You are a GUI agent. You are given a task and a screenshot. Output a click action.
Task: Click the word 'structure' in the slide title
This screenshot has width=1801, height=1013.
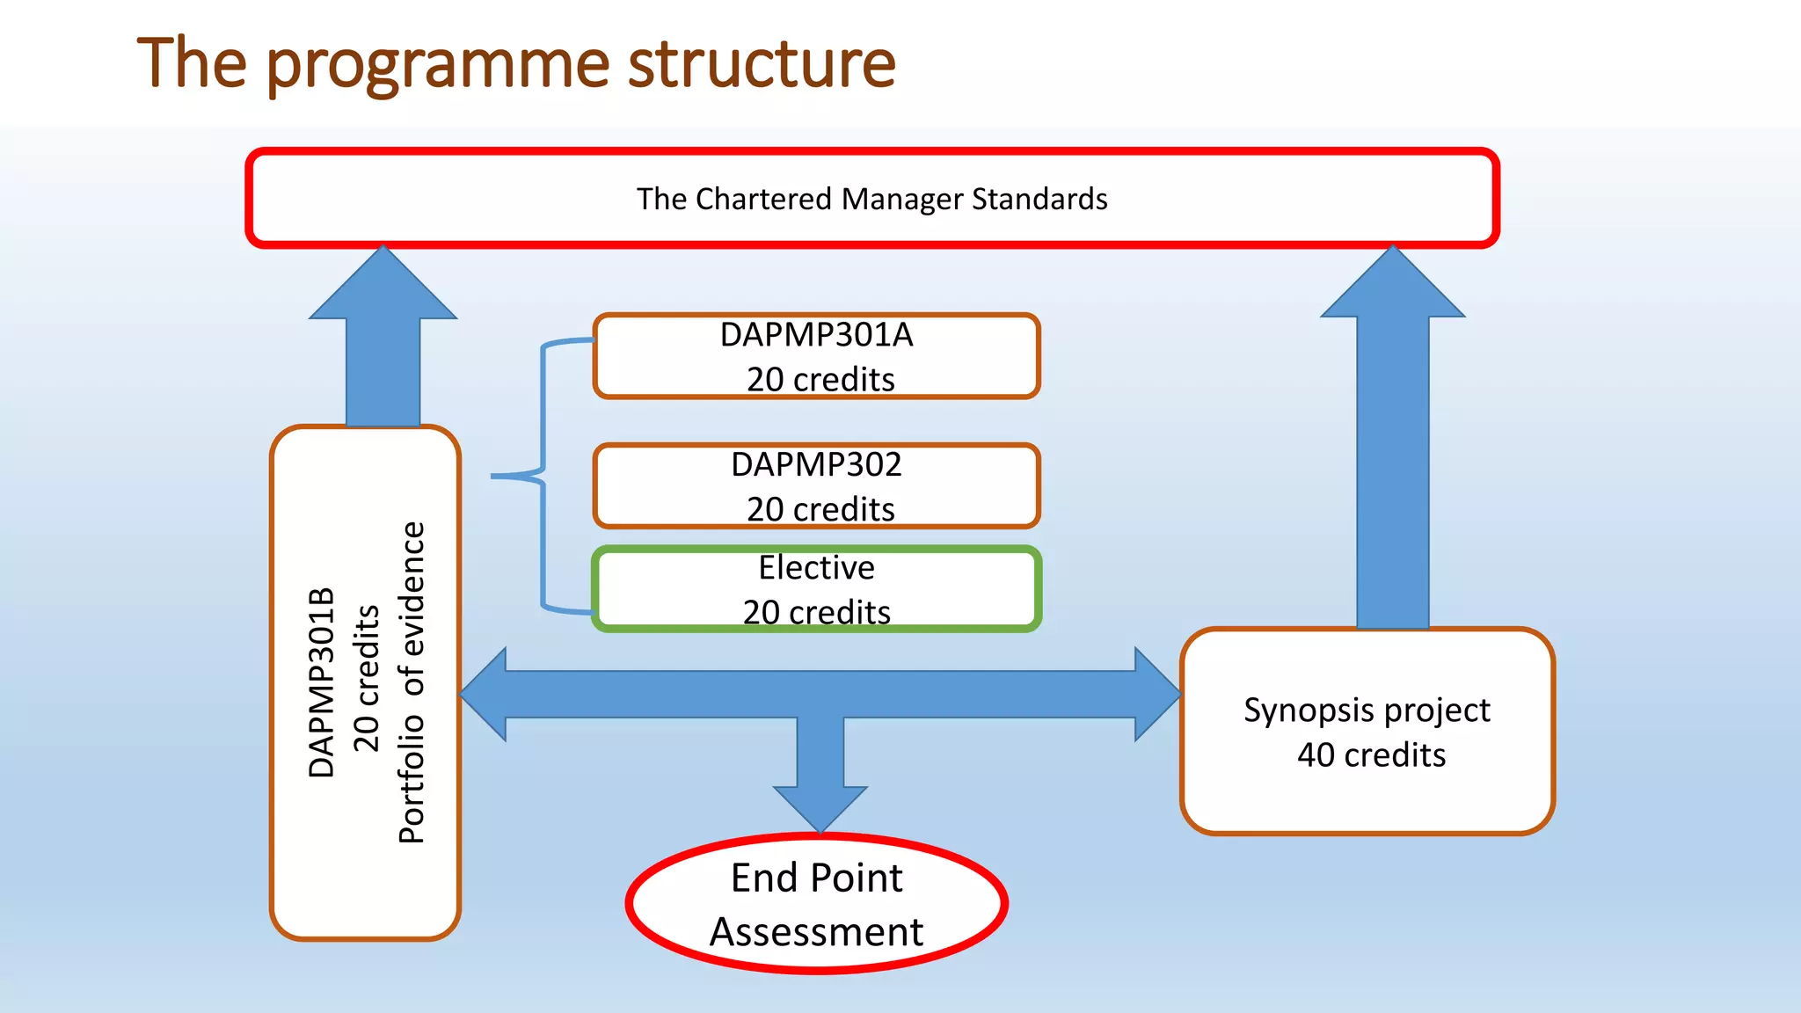762,63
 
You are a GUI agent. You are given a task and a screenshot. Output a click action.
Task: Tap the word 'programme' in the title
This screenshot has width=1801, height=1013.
437,65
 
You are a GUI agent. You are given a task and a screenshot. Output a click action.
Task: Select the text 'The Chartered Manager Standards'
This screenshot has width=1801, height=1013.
871,199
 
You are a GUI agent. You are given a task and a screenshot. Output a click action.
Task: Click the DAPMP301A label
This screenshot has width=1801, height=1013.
816,335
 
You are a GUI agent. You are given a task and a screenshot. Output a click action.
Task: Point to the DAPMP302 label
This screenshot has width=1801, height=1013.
816,464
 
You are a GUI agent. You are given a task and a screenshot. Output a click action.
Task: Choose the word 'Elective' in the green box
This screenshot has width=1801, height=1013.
816,567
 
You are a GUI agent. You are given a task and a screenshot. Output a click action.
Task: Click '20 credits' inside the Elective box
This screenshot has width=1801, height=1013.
816,612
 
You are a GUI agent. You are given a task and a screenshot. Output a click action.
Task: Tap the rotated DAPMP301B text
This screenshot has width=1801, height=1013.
322,682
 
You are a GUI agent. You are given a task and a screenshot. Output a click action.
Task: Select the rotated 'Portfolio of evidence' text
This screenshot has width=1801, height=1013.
412,682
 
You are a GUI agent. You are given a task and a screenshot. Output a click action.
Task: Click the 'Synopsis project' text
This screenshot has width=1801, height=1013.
1367,710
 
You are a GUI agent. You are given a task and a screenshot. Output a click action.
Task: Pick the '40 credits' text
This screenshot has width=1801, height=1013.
1371,754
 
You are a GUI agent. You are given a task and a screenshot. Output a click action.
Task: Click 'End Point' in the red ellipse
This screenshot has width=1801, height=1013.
816,878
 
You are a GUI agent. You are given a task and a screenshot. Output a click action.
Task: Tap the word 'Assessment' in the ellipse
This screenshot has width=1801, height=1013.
816,931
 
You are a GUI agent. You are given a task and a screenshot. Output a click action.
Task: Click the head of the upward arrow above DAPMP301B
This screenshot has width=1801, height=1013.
383,286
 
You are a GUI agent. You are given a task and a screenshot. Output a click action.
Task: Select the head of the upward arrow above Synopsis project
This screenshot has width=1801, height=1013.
1393,286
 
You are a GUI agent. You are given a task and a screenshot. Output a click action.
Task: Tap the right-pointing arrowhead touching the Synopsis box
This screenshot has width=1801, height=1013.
1156,695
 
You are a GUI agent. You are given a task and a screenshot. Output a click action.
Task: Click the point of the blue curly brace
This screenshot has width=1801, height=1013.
495,476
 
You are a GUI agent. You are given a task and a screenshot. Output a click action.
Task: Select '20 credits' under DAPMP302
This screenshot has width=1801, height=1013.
820,509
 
